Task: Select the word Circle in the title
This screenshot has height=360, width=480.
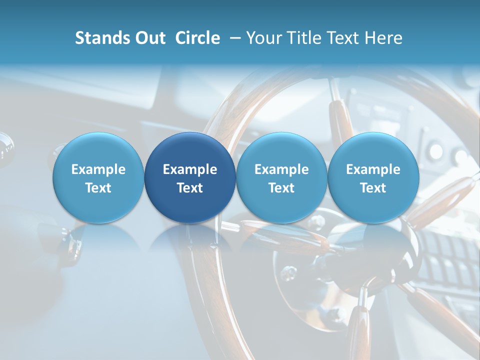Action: click(197, 38)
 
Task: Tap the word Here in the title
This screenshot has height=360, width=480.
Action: click(383, 38)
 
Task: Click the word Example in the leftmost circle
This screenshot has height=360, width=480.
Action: click(98, 169)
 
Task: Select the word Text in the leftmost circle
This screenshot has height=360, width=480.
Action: click(98, 188)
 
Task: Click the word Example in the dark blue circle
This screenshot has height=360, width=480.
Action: click(190, 169)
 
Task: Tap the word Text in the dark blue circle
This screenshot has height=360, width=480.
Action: click(190, 188)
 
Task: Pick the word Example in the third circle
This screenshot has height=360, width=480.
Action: click(281, 169)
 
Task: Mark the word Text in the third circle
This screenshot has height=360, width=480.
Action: click(281, 188)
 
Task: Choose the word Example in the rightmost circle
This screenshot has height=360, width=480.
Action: click(373, 169)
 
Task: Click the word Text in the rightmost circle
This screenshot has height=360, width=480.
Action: click(373, 188)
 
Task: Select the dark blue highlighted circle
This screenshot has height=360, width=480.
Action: click(190, 150)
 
